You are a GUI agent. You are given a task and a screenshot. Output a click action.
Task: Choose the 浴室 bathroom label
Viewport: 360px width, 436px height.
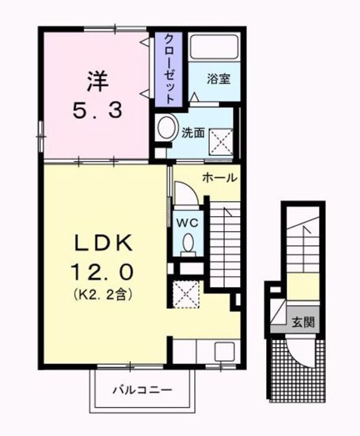218,79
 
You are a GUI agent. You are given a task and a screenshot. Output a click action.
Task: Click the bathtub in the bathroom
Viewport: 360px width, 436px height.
213,48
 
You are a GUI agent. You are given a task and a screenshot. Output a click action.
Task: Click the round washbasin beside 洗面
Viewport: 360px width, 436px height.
163,129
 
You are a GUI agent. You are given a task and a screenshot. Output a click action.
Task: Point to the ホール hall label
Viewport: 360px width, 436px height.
219,178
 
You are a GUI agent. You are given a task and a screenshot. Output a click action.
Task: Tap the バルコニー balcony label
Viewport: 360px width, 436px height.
142,389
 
